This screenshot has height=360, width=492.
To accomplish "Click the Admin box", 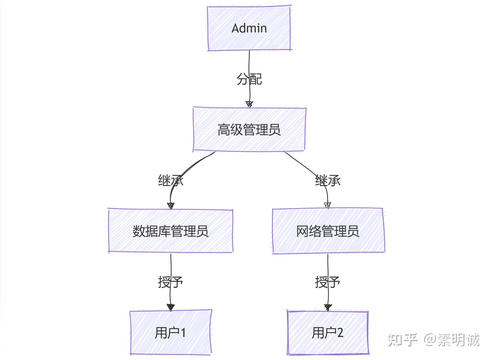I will (249, 28).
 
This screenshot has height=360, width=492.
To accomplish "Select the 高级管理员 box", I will (249, 129).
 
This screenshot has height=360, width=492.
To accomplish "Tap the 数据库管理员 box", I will (170, 231).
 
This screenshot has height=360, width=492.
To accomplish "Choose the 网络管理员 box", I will (328, 231).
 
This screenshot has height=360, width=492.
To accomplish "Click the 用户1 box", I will (170, 332).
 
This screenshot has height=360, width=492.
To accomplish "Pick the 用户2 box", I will (328, 332).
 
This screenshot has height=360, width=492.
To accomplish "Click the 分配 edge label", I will (249, 79).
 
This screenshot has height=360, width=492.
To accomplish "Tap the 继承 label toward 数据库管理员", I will (170, 180).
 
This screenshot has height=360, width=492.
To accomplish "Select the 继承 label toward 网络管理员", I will (328, 180).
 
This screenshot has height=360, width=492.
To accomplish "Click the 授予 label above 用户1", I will (170, 282).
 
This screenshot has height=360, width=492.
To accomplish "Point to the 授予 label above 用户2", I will (327, 282).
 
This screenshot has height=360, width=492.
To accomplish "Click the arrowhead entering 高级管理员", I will (249, 103).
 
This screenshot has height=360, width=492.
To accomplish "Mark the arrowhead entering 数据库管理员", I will (171, 205).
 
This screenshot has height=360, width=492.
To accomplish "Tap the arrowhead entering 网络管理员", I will (328, 205).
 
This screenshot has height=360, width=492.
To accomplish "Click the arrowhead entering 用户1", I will (171, 307).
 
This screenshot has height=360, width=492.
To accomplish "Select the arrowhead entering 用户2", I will (328, 307).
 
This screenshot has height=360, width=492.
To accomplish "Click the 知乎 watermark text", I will (402, 340).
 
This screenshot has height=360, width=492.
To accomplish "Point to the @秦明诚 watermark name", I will (452, 340).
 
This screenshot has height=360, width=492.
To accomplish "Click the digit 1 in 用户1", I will (183, 332).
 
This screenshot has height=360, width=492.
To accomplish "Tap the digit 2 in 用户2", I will (340, 332).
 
